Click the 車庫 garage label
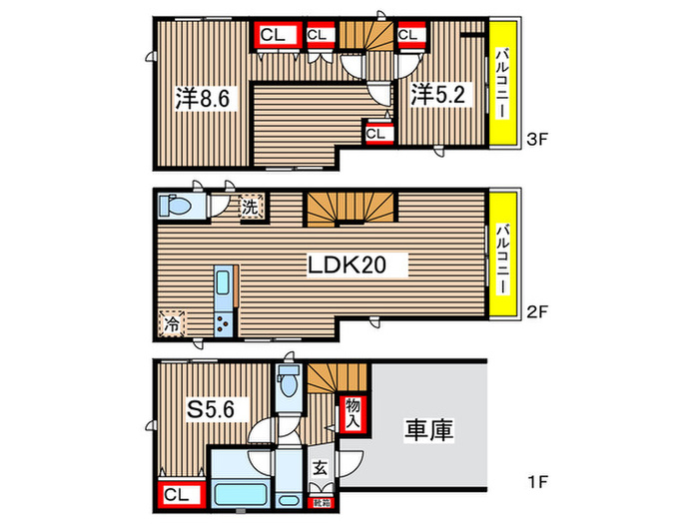429,432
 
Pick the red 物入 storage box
352,411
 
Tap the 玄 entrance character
320,465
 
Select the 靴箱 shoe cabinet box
321,490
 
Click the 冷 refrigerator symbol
172,324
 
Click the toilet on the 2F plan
178,206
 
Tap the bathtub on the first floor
240,495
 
